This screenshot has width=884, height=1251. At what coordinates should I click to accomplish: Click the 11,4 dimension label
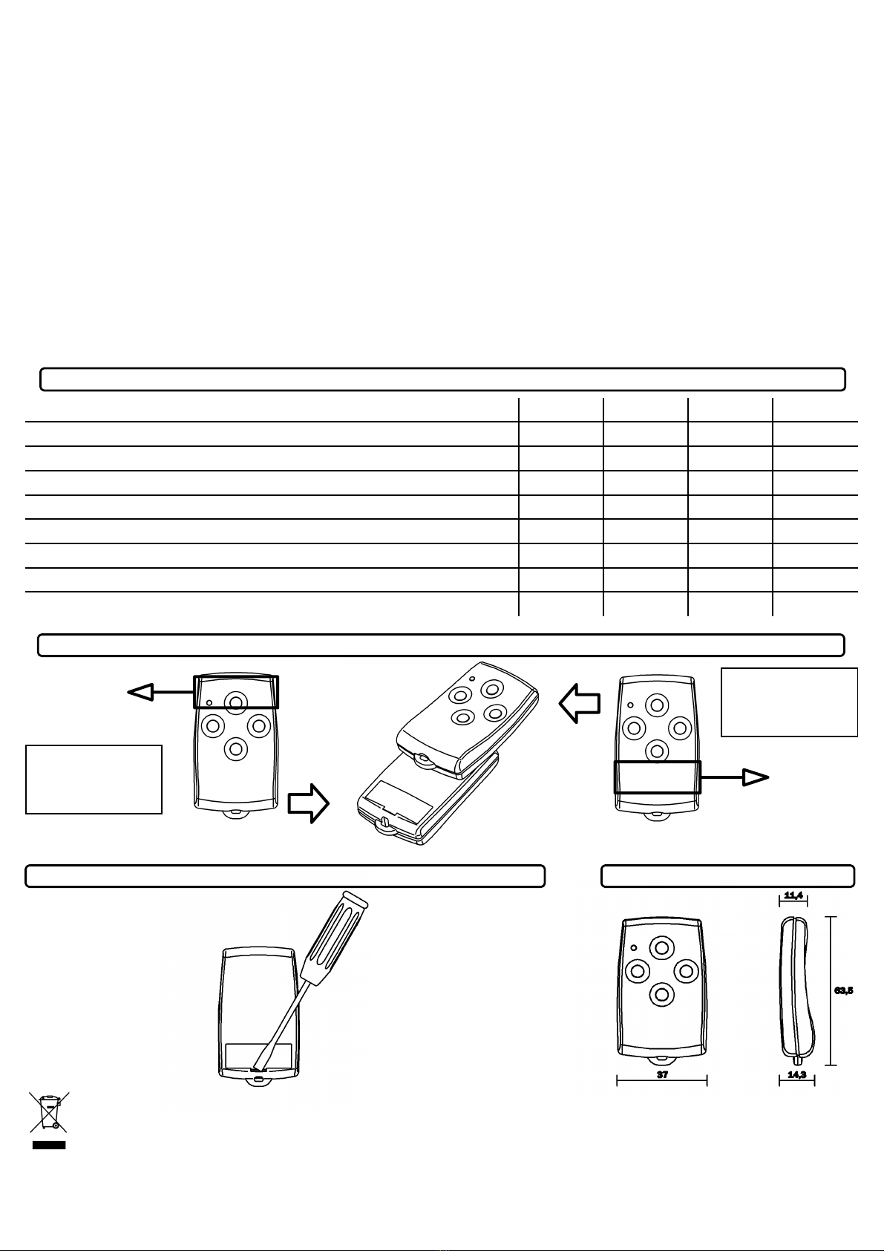pos(793,895)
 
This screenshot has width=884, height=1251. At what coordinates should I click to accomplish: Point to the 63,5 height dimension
pos(843,990)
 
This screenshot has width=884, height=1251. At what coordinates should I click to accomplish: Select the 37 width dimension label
pos(662,1074)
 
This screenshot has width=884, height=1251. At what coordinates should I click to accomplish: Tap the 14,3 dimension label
pos(797,1074)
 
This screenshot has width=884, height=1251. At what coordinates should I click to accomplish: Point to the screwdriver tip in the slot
pos(256,1068)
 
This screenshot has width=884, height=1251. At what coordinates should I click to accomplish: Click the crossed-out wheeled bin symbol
pos(49,1112)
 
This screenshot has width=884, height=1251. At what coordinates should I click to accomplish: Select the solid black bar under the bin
pos(49,1145)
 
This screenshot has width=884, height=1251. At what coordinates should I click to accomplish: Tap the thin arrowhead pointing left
pos(140,693)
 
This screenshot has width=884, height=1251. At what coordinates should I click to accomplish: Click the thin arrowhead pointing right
pos(756,777)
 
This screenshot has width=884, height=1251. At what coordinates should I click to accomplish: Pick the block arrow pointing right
pos(309,803)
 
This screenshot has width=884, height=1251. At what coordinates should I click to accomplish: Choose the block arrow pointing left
pos(580,704)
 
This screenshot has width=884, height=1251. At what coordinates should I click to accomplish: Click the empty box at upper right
pos(789,702)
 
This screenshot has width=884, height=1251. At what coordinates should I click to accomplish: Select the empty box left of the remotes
pos(94,779)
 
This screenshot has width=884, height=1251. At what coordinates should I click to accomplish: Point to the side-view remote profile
pos(797,992)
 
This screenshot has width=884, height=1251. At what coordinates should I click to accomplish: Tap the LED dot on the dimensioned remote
pos(634,948)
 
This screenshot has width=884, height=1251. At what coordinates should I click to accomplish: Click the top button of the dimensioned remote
pos(662,947)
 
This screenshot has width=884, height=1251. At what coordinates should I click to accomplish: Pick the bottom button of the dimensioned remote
pos(662,994)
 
